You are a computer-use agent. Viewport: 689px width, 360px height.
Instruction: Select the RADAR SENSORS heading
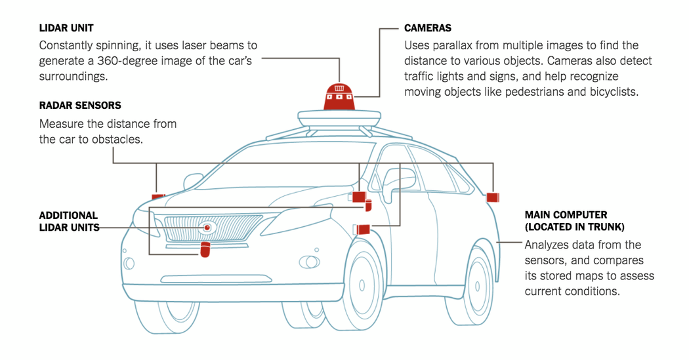[x=80, y=106]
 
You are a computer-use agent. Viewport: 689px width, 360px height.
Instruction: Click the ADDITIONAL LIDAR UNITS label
[x=68, y=222]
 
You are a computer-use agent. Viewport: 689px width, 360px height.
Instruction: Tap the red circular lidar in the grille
[x=207, y=228]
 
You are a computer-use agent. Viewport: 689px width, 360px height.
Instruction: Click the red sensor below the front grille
[x=205, y=250]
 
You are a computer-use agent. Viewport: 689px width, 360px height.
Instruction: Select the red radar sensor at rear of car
[x=493, y=196]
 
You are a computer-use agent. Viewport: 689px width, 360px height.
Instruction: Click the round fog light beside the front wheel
[x=308, y=262]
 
